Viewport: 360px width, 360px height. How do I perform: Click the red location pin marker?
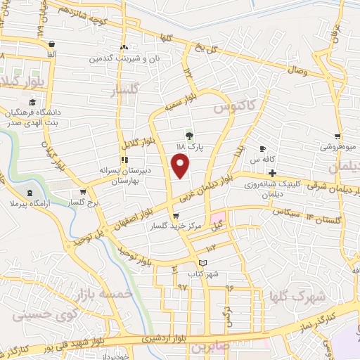point(181,166)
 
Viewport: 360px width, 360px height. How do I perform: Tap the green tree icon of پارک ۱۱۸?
point(188,135)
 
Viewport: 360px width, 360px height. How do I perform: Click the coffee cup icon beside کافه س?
point(262,149)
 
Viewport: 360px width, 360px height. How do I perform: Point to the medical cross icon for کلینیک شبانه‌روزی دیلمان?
point(272,173)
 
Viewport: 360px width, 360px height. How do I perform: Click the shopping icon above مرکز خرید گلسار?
point(174,215)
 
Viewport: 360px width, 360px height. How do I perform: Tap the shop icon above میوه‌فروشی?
point(338,136)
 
